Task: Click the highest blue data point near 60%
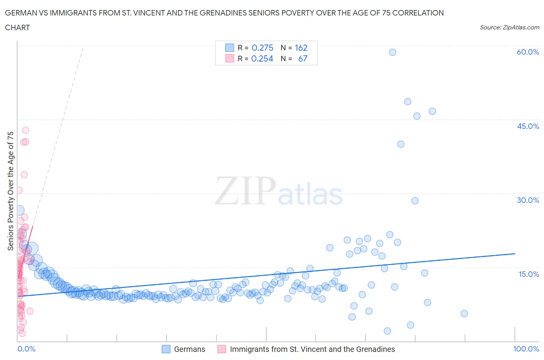392,52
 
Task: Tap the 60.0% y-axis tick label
528,52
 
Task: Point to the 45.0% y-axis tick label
528,126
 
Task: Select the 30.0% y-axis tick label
528,200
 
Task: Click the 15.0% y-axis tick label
528,274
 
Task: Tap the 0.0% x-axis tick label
26,349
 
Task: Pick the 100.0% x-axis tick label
526,349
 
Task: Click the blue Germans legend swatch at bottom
166,349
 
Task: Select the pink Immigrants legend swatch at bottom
222,349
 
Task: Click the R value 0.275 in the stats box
262,48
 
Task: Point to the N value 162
301,48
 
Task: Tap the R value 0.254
262,58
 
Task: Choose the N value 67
303,58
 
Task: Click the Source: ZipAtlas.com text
509,27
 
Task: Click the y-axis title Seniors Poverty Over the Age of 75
10,191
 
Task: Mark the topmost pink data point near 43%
26,130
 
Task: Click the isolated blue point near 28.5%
415,201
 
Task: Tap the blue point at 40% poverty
401,144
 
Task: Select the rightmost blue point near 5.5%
464,314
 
